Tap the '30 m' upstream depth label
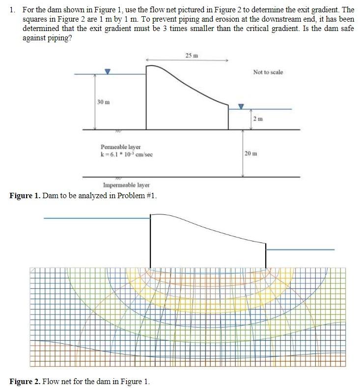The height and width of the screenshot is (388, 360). (103, 102)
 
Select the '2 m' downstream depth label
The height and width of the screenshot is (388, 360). (258, 119)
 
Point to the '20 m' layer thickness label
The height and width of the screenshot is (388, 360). (250, 153)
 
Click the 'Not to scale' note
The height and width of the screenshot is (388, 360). (268, 72)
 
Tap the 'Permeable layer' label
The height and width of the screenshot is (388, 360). (120, 147)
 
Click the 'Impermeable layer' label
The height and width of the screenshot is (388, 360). (126, 185)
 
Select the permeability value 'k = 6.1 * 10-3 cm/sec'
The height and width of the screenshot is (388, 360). (127, 154)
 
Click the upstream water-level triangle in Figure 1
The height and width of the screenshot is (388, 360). (109, 71)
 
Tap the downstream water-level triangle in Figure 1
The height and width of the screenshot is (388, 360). (241, 106)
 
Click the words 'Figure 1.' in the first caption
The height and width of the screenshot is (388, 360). (25, 196)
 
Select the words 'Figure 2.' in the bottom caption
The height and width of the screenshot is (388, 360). (25, 381)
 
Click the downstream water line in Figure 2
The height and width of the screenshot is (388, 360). (300, 250)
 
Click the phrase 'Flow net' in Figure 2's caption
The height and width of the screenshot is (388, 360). (56, 381)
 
